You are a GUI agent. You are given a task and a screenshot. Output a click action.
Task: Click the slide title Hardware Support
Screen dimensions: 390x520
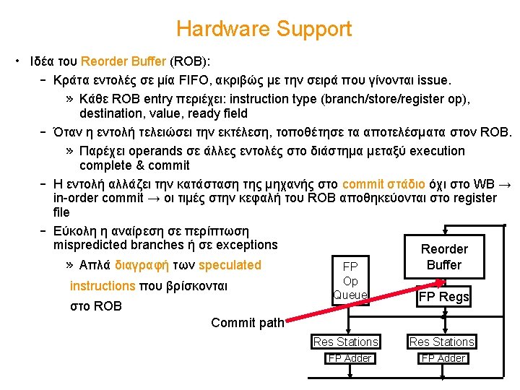point(264,30)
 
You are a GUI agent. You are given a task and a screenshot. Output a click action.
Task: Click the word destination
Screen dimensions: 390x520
point(111,113)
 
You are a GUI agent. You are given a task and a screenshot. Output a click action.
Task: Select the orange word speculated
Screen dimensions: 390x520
point(230,265)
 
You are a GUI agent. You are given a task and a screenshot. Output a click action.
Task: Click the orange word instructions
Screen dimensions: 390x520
point(103,286)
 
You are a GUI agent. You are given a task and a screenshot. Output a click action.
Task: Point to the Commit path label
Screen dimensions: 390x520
point(247,323)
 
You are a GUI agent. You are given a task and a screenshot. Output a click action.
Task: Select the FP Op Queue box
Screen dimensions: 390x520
point(350,280)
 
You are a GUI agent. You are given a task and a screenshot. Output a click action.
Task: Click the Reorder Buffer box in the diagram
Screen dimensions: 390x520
point(443,257)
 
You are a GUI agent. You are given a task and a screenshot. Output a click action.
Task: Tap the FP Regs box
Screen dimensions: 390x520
point(443,296)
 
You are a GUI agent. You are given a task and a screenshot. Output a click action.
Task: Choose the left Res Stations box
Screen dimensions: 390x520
point(345,342)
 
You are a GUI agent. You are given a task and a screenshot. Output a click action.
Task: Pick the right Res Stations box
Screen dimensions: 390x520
point(441,342)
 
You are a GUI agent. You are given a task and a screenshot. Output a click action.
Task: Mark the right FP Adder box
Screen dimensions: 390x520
point(443,358)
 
